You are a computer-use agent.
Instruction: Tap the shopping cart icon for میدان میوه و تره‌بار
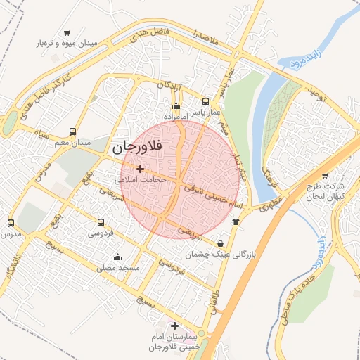pyautogui.click(x=67, y=33)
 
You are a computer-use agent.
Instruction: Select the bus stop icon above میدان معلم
pyautogui.click(x=73, y=131)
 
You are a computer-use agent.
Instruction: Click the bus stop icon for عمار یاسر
pyautogui.click(x=205, y=101)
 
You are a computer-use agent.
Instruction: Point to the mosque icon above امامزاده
pyautogui.click(x=176, y=106)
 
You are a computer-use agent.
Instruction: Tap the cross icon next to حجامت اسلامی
pyautogui.click(x=141, y=169)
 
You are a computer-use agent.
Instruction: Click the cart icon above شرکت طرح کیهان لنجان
pyautogui.click(x=324, y=176)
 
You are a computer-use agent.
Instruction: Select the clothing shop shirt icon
pyautogui.click(x=235, y=221)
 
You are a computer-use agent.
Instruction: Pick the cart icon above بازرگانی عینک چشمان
pyautogui.click(x=221, y=243)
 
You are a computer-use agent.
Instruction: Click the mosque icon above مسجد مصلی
pyautogui.click(x=117, y=257)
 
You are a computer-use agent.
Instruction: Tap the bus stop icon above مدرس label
pyautogui.click(x=10, y=222)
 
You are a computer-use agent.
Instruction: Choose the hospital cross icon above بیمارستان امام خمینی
pyautogui.click(x=174, y=326)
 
